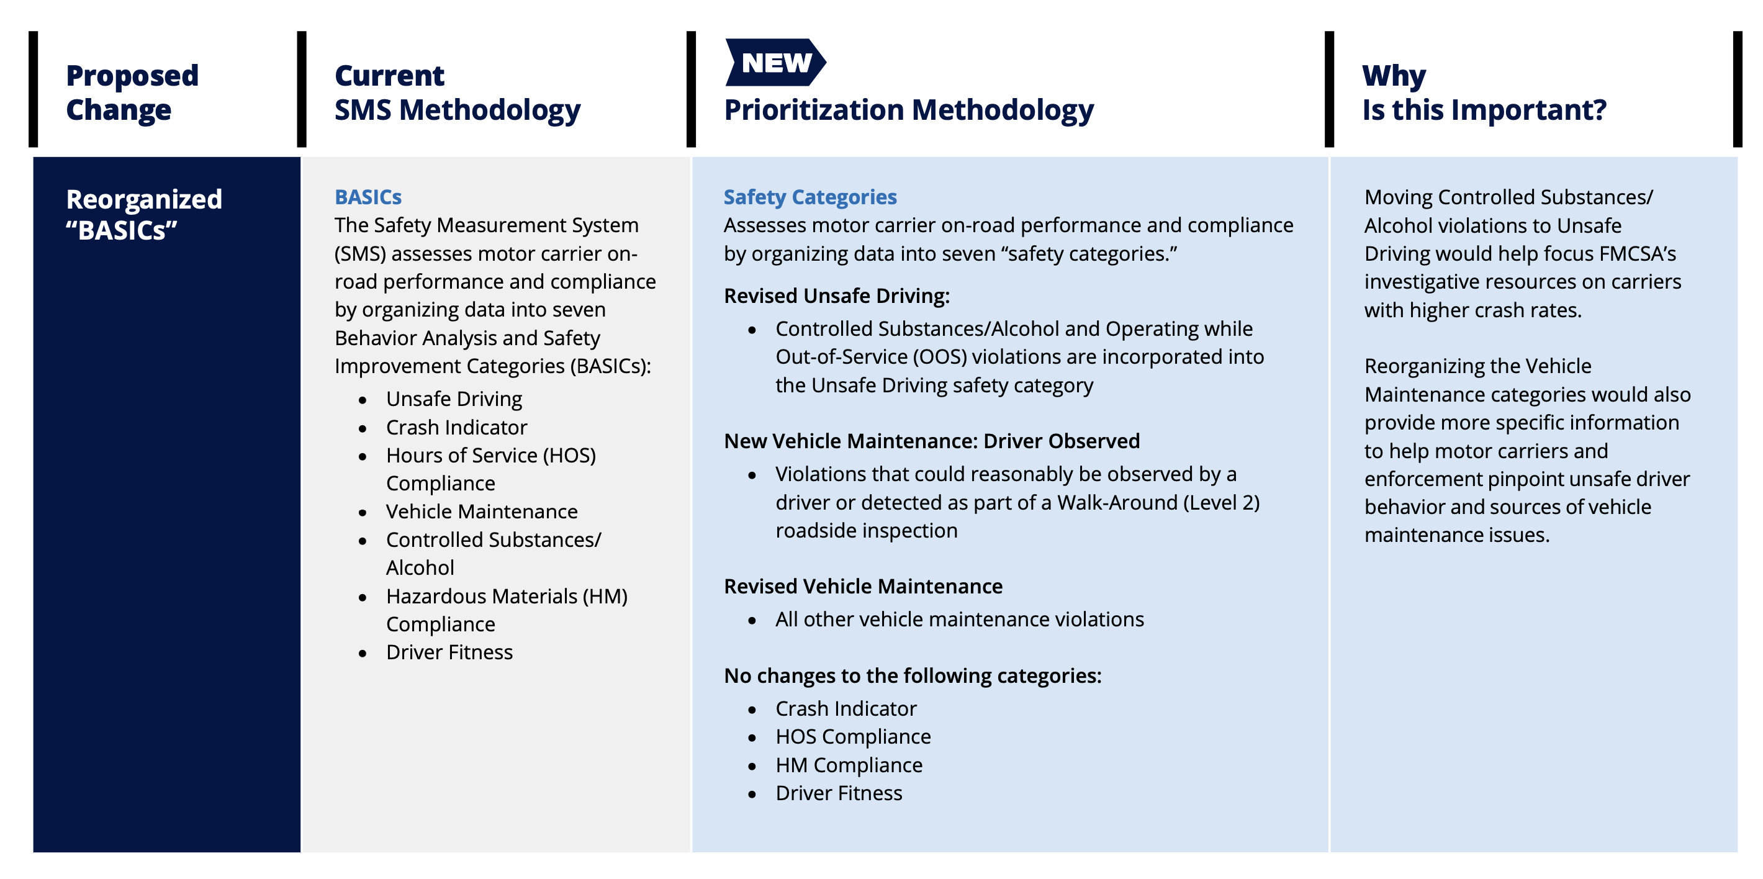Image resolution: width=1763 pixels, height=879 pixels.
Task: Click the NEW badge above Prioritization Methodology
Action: point(775,62)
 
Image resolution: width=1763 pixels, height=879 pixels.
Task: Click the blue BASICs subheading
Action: point(367,197)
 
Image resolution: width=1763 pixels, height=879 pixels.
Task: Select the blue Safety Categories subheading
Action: point(809,197)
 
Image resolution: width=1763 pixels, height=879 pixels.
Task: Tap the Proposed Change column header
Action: point(132,92)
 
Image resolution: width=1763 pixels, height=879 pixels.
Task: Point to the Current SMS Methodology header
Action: point(456,92)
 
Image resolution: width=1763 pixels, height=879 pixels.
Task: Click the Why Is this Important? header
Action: point(1483,92)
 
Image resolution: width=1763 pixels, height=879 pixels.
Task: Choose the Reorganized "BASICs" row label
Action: point(144,214)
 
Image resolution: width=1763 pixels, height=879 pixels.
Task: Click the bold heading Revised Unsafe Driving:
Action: point(836,295)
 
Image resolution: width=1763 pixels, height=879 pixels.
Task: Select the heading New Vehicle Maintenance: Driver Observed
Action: point(931,441)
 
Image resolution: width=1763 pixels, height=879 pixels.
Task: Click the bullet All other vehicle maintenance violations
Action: point(959,619)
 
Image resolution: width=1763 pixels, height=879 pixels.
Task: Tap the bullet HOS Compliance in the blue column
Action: point(853,737)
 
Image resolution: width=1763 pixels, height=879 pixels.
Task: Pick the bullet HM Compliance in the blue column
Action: point(849,765)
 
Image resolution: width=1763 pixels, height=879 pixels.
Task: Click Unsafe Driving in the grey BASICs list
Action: point(454,399)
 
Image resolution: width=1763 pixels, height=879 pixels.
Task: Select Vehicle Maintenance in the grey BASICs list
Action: point(481,512)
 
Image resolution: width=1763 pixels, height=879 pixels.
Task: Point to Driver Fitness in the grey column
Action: point(449,652)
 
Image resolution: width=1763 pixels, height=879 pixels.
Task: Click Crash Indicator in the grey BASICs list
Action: point(456,427)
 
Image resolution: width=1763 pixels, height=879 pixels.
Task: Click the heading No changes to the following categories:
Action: point(913,675)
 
